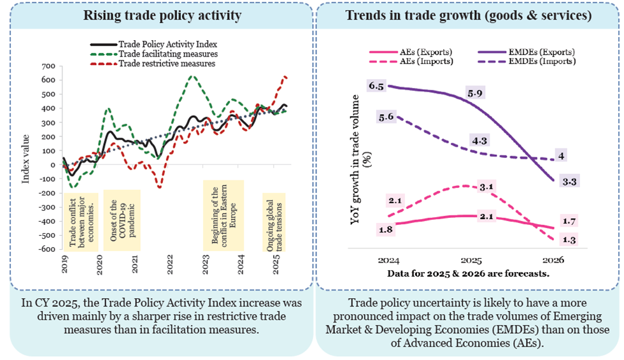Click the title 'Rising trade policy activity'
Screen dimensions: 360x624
tap(157, 15)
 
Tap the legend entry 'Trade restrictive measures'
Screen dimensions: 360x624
tap(167, 64)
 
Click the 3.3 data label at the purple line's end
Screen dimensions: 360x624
tap(571, 182)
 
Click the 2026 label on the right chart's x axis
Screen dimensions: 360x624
tap(553, 261)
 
